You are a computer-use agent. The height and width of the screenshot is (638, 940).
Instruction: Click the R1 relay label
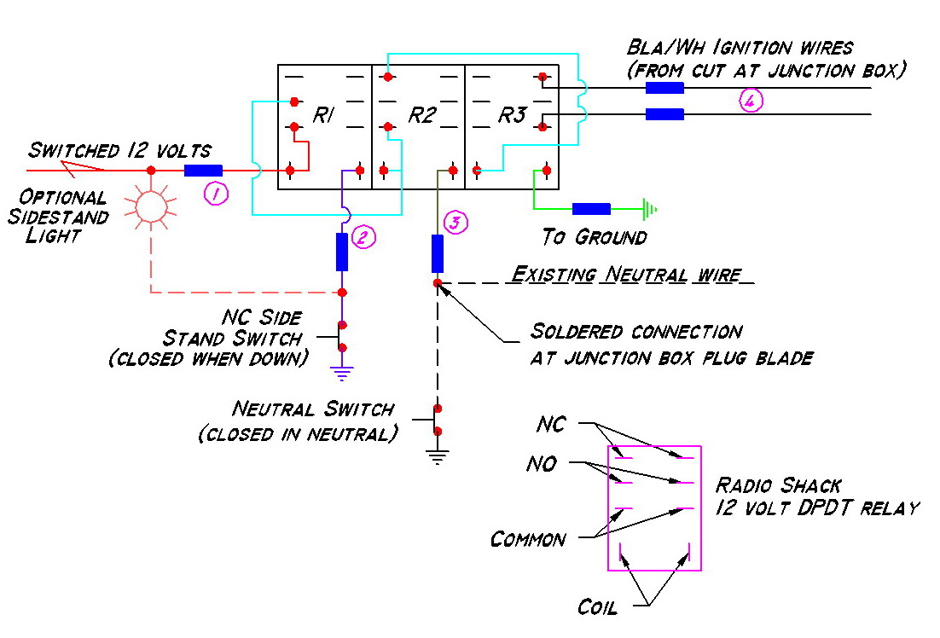pos(323,114)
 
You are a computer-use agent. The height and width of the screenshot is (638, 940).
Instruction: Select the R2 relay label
pos(421,114)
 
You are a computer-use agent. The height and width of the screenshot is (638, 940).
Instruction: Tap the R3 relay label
pos(513,114)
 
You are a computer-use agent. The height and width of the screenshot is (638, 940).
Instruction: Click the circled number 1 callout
pos(216,194)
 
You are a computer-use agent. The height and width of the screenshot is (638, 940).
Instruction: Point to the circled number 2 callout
pos(363,237)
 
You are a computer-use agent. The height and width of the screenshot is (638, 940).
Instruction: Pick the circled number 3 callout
pos(455,223)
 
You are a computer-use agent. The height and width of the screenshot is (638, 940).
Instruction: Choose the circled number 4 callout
pos(751,100)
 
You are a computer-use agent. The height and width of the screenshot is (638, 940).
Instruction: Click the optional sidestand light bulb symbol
pos(151,206)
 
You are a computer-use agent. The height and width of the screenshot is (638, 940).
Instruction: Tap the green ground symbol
pos(650,209)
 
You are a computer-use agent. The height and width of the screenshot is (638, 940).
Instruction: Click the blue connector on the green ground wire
pos(591,209)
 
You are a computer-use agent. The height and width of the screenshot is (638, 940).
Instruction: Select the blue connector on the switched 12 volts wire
pos(203,171)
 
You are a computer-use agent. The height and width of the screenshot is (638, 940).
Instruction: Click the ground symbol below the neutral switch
pos(438,457)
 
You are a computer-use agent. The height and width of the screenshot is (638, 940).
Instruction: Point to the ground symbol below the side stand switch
pos(342,374)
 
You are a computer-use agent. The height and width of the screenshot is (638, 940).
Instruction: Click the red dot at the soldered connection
pos(438,283)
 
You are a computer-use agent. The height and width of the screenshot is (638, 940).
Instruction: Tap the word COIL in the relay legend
pos(597,607)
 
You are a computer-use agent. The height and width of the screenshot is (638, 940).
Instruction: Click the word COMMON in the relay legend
pos(528,539)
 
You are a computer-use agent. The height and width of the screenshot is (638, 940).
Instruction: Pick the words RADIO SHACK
pos(779,484)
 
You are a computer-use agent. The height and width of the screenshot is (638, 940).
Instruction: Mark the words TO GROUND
pos(594,237)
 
